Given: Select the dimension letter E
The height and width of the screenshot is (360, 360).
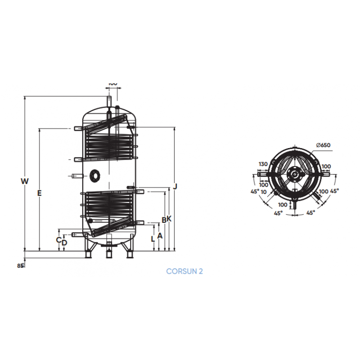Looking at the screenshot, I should tap(40, 193).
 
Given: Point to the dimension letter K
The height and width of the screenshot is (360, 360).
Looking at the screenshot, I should tap(170, 219).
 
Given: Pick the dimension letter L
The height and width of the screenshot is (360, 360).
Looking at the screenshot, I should tap(153, 239).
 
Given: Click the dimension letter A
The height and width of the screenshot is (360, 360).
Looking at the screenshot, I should tap(160, 235).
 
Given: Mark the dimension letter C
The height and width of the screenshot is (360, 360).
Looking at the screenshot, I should tap(58, 239).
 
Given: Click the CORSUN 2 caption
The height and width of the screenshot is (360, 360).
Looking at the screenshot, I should tap(184, 271).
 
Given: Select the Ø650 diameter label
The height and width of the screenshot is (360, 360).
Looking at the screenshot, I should tap(323, 145).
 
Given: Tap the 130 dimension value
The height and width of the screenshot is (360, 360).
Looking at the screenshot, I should tap(263, 164).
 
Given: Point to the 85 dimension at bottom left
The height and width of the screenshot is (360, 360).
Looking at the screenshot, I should tap(20, 266).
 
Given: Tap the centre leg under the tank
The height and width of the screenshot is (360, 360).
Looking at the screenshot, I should tap(108, 253).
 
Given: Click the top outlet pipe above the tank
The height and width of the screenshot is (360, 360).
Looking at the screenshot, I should tap(108, 98).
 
